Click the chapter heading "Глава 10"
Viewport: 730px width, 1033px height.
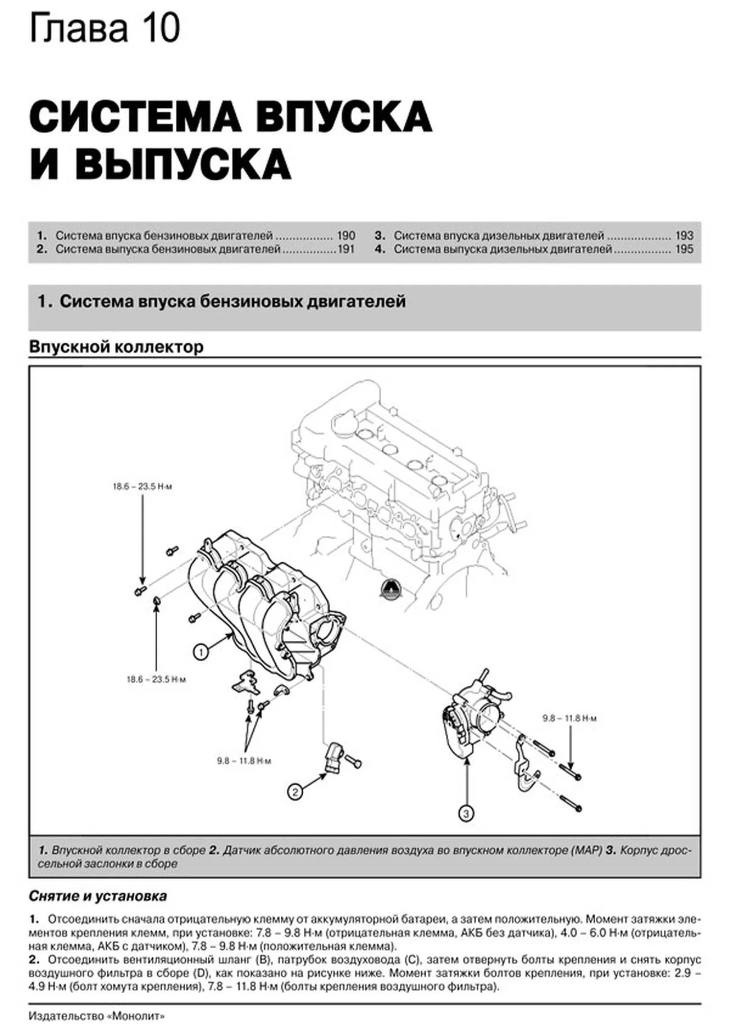pyautogui.click(x=104, y=29)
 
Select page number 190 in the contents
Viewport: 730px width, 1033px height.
pyautogui.click(x=346, y=235)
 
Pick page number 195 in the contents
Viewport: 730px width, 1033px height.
pyautogui.click(x=684, y=249)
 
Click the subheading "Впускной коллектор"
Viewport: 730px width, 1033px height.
pyautogui.click(x=116, y=347)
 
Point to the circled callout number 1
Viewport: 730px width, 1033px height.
pyautogui.click(x=200, y=652)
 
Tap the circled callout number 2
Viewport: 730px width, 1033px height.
pyautogui.click(x=295, y=792)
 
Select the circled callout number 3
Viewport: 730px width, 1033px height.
pyautogui.click(x=467, y=813)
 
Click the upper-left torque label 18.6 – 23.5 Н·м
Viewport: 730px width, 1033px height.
pyautogui.click(x=142, y=486)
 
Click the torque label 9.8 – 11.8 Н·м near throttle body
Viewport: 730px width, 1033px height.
pyautogui.click(x=569, y=718)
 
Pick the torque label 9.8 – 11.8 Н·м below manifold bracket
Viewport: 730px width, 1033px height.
pyautogui.click(x=244, y=761)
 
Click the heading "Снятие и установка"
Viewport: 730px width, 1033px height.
pyautogui.click(x=98, y=896)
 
